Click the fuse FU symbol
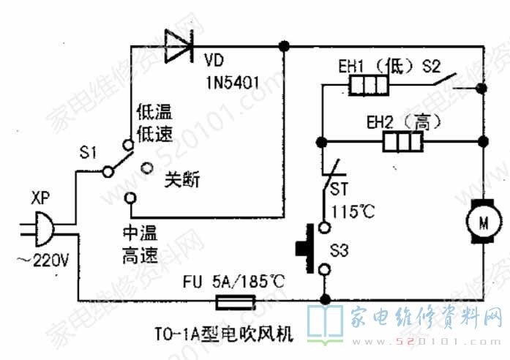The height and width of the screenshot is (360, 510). click(233, 301)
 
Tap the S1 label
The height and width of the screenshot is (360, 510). click(88, 153)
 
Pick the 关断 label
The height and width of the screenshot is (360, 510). click(182, 179)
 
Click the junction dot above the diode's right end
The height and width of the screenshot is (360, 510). click(284, 46)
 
